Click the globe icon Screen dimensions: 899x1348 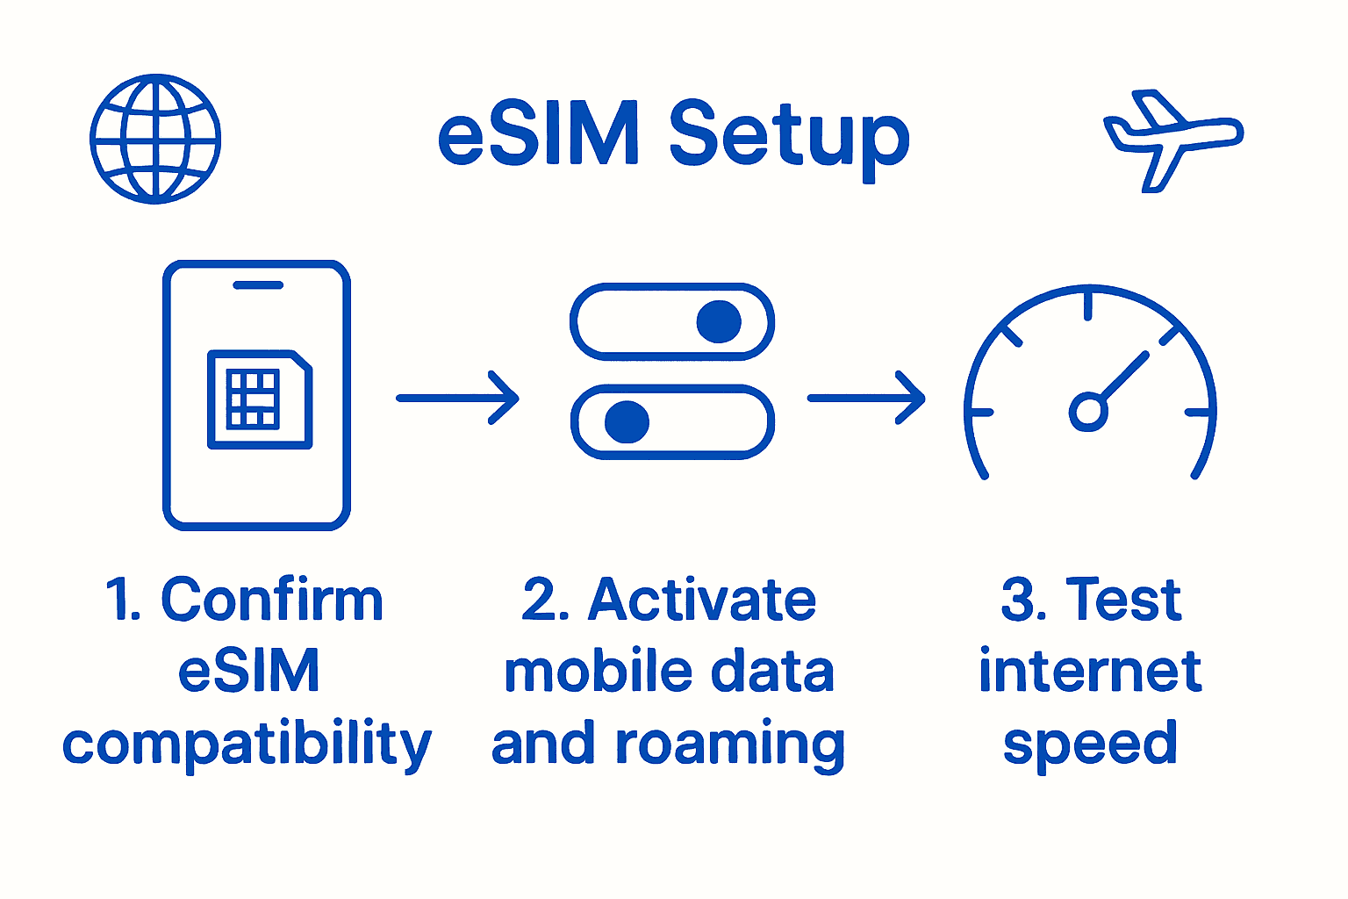click(155, 139)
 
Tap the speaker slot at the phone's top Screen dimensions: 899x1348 click(258, 284)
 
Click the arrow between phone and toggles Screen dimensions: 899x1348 click(457, 398)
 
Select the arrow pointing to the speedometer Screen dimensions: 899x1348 click(866, 398)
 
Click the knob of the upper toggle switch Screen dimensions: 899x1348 click(719, 321)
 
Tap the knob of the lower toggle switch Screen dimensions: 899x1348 click(627, 422)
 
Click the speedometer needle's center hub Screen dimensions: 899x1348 click(1088, 411)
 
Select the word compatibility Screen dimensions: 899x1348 click(247, 744)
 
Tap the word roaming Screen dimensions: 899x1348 click(730, 744)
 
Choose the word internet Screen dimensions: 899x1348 click(1090, 672)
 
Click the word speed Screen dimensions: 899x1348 click(1090, 744)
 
